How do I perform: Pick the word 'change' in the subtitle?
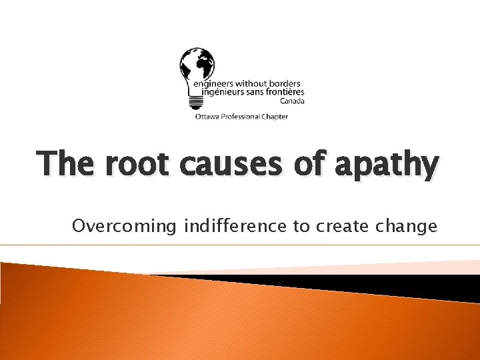(405, 227)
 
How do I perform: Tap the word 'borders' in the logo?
(285, 84)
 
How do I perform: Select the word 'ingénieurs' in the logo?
(218, 93)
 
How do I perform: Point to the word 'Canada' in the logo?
(292, 101)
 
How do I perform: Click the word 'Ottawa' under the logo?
(206, 117)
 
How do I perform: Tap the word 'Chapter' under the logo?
(275, 117)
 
